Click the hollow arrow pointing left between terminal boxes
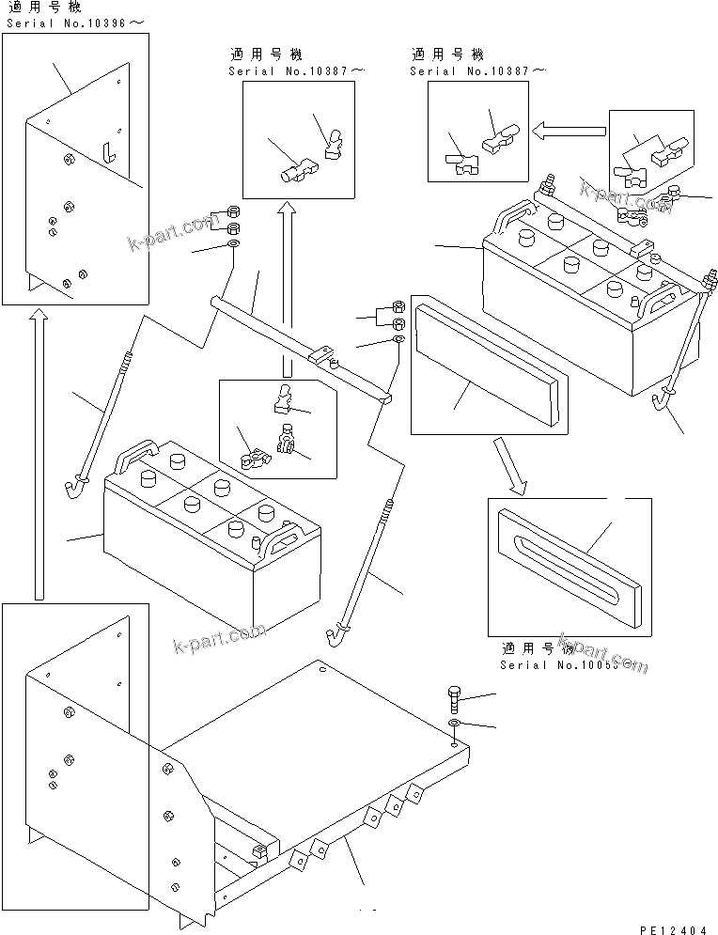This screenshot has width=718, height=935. coord(568,132)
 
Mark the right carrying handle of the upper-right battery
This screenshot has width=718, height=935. coord(663,303)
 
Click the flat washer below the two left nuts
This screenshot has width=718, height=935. coord(232,246)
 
